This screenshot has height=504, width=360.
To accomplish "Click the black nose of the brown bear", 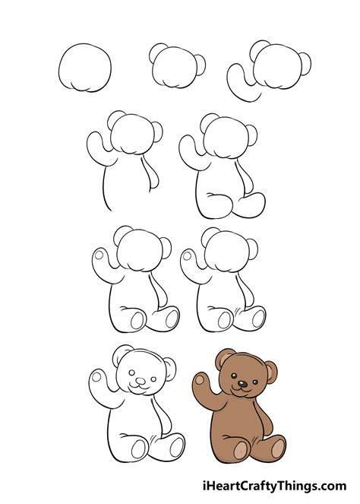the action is click(242, 383).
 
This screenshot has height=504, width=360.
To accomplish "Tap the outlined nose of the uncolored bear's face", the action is click(141, 381).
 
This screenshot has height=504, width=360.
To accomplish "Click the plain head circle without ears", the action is click(85, 68).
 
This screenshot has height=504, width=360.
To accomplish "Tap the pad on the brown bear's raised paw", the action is click(200, 380).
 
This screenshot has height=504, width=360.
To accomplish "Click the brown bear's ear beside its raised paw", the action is click(223, 357).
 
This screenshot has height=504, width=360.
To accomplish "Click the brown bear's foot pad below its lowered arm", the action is click(278, 448).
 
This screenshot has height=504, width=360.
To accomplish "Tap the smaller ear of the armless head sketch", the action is click(201, 65).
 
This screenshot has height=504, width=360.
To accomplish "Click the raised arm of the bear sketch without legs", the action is click(99, 148).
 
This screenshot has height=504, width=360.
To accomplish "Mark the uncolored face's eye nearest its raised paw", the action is click(131, 372).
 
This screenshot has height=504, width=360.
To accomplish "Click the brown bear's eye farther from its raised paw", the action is click(255, 382).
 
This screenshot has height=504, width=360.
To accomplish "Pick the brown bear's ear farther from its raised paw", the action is click(271, 372).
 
